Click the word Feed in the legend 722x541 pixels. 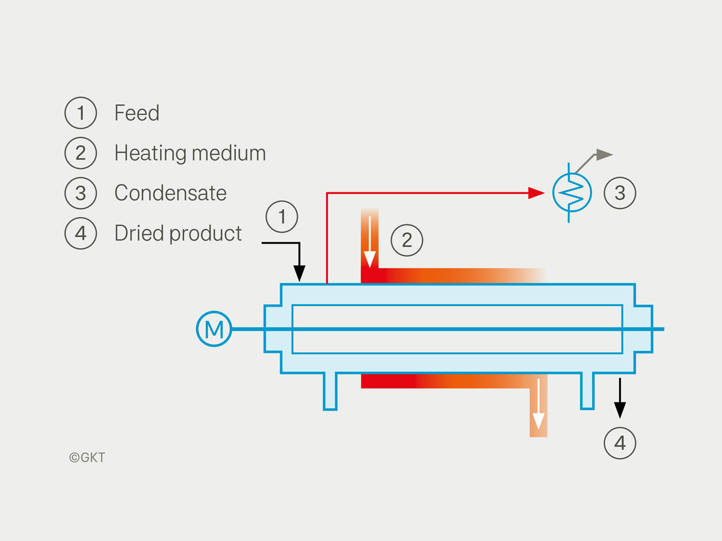click(x=137, y=112)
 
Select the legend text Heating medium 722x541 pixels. click(x=190, y=153)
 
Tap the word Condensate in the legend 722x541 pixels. click(x=170, y=193)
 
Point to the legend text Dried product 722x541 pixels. click(x=178, y=234)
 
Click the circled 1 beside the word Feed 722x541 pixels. click(x=81, y=112)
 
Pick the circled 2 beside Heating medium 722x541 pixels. click(x=81, y=153)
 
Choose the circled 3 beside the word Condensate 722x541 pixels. click(x=81, y=193)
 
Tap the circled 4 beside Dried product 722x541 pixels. click(x=81, y=233)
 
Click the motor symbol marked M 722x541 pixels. click(x=214, y=329)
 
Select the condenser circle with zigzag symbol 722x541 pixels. click(x=572, y=193)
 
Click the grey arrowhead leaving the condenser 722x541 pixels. click(x=604, y=154)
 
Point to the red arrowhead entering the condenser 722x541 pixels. click(x=536, y=193)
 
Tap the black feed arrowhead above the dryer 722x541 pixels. click(x=299, y=274)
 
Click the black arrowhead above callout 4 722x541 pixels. click(x=620, y=410)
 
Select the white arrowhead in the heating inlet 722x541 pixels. click(x=369, y=260)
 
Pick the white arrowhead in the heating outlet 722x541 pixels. click(x=538, y=421)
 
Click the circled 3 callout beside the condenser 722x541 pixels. click(x=620, y=193)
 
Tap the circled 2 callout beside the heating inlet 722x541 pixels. click(x=407, y=240)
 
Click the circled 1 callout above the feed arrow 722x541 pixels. click(x=282, y=217)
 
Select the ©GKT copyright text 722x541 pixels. click(x=87, y=457)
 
